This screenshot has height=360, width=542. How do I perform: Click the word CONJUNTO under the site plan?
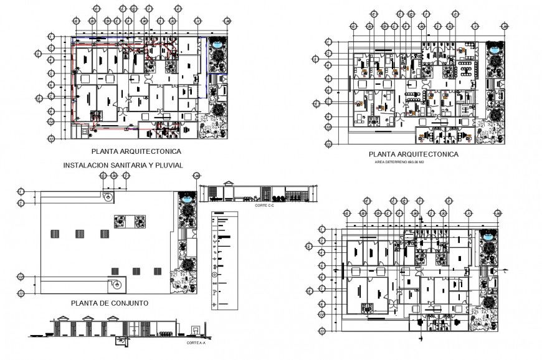127,303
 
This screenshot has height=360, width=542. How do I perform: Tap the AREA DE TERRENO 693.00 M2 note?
399,162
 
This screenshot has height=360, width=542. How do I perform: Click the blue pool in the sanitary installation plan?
217,45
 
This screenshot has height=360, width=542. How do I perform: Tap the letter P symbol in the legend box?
215,290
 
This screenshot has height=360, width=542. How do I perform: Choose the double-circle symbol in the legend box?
215,274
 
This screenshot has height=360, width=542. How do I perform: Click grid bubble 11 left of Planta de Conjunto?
21,293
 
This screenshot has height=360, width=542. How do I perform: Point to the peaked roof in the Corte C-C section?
229,184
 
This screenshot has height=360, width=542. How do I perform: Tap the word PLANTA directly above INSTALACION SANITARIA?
107,151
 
